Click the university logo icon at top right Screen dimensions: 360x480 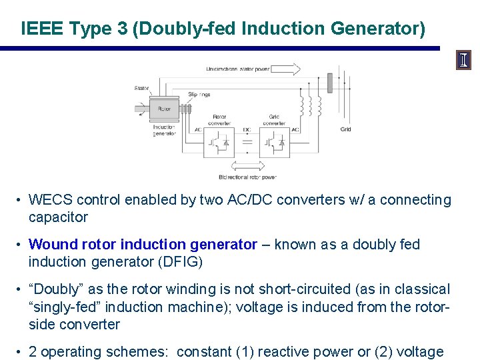point(464,61)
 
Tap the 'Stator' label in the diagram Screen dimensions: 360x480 point(142,88)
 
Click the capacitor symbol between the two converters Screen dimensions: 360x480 point(247,142)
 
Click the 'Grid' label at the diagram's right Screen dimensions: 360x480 point(345,129)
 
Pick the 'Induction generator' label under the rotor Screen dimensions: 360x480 point(164,130)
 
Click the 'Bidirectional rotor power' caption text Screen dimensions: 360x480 point(247,177)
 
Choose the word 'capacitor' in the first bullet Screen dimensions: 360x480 point(58,217)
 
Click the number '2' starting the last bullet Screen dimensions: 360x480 point(33,352)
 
